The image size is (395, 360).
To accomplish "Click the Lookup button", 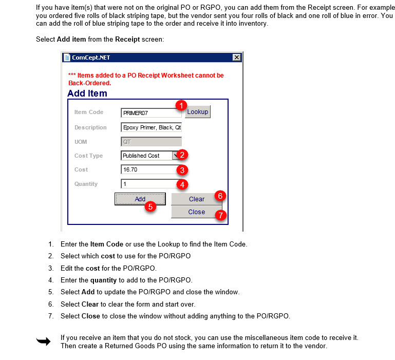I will click(198, 112).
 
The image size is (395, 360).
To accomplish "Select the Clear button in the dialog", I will click(196, 199).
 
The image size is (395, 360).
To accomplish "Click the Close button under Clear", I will click(196, 212).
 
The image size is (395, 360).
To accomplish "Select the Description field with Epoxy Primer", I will click(151, 128).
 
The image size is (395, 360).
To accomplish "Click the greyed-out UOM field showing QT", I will click(151, 142).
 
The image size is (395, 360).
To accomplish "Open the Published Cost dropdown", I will click(175, 156).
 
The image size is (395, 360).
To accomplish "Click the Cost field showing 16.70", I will click(148, 169).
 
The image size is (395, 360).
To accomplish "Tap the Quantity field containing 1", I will click(148, 184).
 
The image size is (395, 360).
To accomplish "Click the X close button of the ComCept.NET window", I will click(237, 58).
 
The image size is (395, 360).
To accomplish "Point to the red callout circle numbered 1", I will click(180, 105).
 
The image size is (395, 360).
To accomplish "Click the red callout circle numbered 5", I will click(151, 206).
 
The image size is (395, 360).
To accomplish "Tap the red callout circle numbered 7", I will click(221, 215).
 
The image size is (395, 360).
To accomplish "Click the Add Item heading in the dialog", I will click(87, 93).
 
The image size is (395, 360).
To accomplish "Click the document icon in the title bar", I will click(67, 58).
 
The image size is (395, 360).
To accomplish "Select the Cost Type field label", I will click(88, 156).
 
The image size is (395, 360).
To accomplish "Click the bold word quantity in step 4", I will click(103, 280).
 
